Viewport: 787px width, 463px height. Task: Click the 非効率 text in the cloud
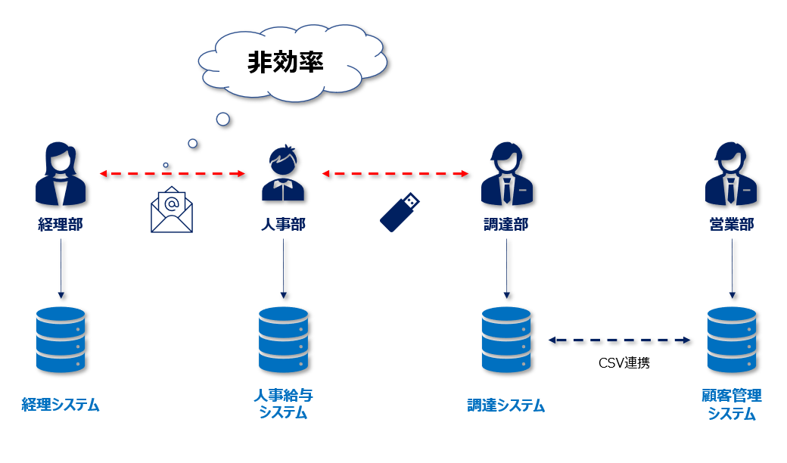pos(285,62)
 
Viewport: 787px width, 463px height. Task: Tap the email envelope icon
pos(172,210)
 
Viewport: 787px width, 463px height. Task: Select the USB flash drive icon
pos(400,212)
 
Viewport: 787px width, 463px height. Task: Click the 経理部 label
pos(61,224)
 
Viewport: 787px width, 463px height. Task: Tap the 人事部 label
pos(283,224)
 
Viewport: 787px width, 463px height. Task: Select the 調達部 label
pos(506,224)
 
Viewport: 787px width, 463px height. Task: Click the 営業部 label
pos(731,224)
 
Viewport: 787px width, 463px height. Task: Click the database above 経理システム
pos(61,340)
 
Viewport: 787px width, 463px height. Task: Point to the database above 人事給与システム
pos(283,340)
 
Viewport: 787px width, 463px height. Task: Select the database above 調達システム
pos(506,340)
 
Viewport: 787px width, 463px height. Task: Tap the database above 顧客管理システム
pos(731,340)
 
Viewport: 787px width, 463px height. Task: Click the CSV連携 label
pos(624,362)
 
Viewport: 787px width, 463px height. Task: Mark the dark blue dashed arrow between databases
pos(619,340)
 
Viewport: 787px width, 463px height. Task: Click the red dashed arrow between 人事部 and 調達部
pos(395,173)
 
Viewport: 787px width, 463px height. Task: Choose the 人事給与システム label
pos(283,404)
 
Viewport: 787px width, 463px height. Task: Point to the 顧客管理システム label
pos(731,404)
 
